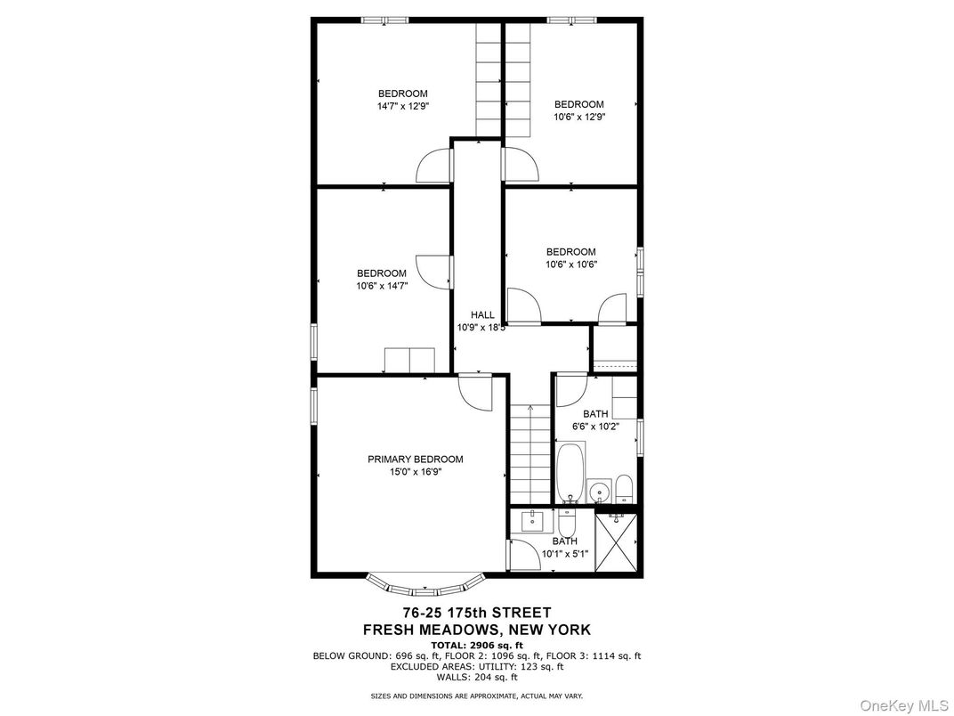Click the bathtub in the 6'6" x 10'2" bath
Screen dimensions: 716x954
[x=570, y=473]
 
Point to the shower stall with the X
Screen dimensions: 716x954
[x=616, y=542]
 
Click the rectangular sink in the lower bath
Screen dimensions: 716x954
[x=538, y=521]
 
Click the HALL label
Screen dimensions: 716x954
[x=482, y=315]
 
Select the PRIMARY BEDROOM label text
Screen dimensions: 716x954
[x=416, y=460]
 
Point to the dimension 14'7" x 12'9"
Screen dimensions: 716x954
[x=402, y=106]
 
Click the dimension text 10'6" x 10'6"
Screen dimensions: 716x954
[x=570, y=264]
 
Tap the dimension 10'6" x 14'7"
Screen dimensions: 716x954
[x=382, y=286]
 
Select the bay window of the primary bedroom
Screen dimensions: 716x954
[x=425, y=586]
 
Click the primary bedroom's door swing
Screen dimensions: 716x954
[x=477, y=392]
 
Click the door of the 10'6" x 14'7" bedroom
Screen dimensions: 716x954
[x=433, y=272]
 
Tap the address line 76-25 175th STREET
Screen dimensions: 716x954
[x=476, y=613]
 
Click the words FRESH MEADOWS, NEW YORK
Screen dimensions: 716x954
[x=476, y=630]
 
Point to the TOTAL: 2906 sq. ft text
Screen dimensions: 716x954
[x=476, y=644]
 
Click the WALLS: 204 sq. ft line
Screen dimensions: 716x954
[x=476, y=676]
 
